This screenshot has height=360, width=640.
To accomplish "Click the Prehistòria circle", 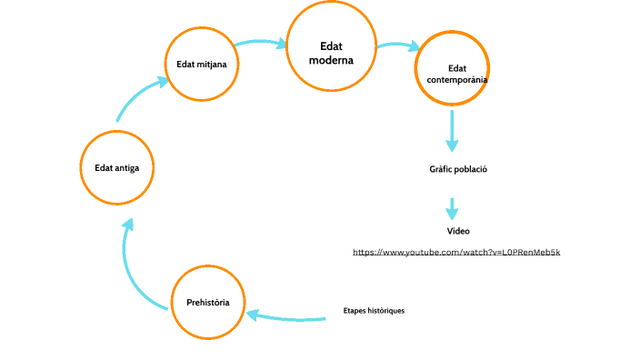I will [208, 302].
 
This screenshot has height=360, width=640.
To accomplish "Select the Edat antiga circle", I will [116, 167].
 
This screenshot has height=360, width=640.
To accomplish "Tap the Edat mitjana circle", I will [202, 64].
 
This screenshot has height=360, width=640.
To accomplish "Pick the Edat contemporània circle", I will [452, 69].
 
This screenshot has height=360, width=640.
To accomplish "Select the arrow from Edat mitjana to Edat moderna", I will [260, 43].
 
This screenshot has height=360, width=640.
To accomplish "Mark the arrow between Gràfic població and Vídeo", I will [452, 208].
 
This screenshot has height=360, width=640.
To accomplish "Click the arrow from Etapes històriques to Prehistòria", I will [285, 317].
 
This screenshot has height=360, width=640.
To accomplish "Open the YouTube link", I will [456, 252].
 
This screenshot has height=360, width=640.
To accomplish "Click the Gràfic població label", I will [452, 169].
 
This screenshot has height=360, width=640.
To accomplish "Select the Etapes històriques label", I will [373, 311].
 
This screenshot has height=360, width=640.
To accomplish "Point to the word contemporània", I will [457, 80].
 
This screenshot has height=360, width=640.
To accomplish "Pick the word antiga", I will [133, 168].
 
